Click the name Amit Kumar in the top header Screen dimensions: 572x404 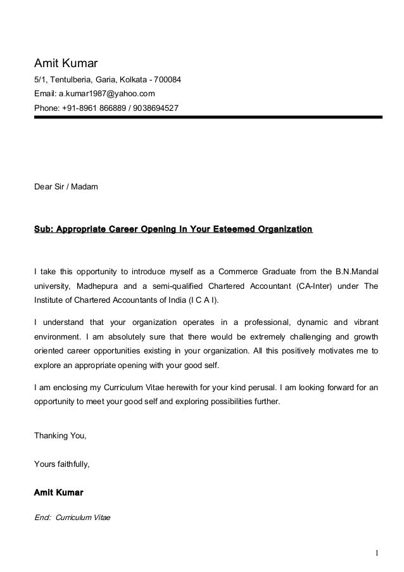(x=64, y=63)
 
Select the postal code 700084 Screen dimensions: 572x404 (x=167, y=80)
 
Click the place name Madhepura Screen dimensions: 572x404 (x=97, y=286)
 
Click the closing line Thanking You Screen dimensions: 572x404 (x=60, y=436)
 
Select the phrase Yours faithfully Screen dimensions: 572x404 (x=61, y=464)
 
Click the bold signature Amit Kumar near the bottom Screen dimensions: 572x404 (x=58, y=492)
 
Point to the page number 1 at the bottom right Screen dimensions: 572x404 (x=376, y=553)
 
